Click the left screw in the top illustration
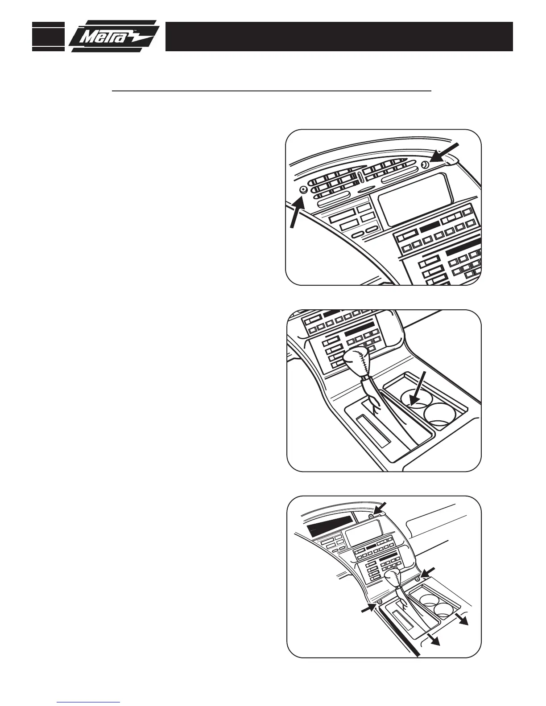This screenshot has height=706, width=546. (x=303, y=189)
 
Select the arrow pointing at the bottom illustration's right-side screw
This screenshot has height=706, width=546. (x=426, y=572)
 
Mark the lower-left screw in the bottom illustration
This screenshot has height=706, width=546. (x=379, y=602)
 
